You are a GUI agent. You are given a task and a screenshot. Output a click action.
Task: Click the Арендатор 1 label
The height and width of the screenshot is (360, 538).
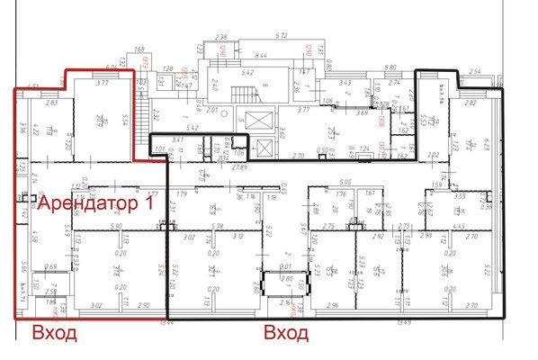click(94, 203)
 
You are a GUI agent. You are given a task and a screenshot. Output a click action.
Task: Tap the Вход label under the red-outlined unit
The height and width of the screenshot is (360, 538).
click(55, 334)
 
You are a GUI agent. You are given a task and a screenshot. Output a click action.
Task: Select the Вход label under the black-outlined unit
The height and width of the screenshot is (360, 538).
click(286, 334)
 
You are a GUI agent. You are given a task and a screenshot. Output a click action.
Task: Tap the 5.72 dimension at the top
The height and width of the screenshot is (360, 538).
click(281, 35)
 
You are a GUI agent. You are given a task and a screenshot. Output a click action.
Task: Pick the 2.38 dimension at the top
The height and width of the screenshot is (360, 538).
click(221, 36)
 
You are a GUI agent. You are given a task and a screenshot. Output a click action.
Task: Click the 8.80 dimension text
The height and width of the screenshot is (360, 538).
click(390, 67)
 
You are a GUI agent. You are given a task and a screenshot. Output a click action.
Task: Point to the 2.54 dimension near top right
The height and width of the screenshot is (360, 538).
click(476, 69)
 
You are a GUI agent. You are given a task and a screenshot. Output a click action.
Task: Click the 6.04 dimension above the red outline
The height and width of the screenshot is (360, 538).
click(112, 66)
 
